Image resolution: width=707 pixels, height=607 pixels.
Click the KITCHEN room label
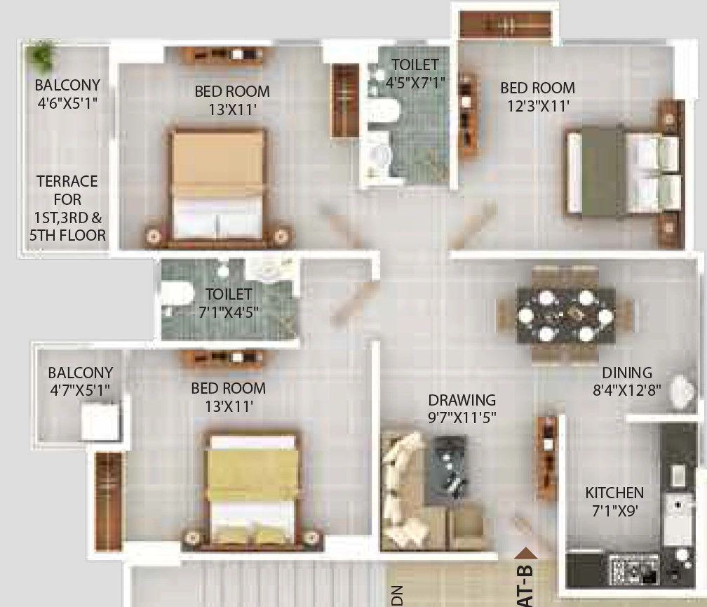point(614,493)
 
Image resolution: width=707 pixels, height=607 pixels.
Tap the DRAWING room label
point(462,400)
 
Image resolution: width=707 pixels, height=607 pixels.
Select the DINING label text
point(627,373)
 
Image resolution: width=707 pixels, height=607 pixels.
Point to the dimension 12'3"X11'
point(538,106)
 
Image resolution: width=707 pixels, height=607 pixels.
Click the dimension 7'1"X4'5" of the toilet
point(229,312)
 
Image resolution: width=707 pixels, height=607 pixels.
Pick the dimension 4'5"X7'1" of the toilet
point(415,83)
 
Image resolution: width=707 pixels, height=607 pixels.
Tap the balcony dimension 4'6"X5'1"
point(67,103)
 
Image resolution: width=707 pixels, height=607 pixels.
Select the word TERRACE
point(67,181)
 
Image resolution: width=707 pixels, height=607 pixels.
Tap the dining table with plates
point(565,315)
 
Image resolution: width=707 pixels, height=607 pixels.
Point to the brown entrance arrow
point(526,554)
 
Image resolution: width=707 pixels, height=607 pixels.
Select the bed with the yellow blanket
point(252,491)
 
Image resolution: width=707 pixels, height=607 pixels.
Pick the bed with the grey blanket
point(623,172)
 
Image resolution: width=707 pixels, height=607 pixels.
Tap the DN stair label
point(397,595)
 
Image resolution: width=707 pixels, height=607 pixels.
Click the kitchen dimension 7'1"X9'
point(614,511)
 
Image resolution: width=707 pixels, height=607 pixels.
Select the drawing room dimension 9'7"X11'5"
point(462,418)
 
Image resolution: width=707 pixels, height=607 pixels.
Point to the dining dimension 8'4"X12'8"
point(627,390)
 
